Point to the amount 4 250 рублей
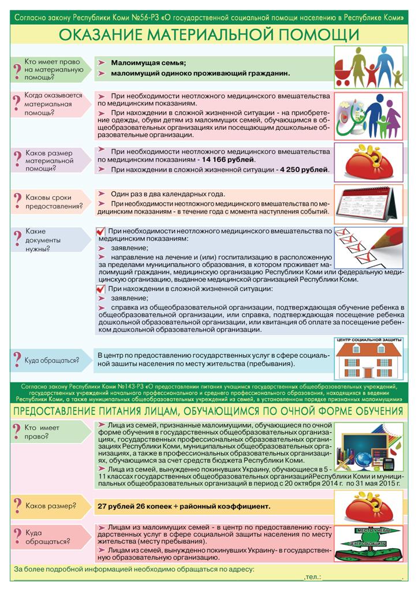coord(304,170)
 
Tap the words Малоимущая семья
coord(148,62)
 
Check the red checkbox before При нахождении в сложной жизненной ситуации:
coord(101,289)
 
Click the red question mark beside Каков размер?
coord(17,507)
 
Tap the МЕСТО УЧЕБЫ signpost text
coord(363,530)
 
